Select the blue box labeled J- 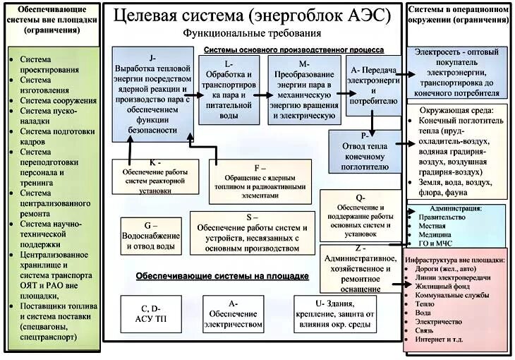point(152,83)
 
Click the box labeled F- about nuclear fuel point(260,181)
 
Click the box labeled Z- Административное point(360,268)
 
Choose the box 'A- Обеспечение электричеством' point(231,313)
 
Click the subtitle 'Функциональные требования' point(234,34)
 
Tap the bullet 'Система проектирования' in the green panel point(49,66)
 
